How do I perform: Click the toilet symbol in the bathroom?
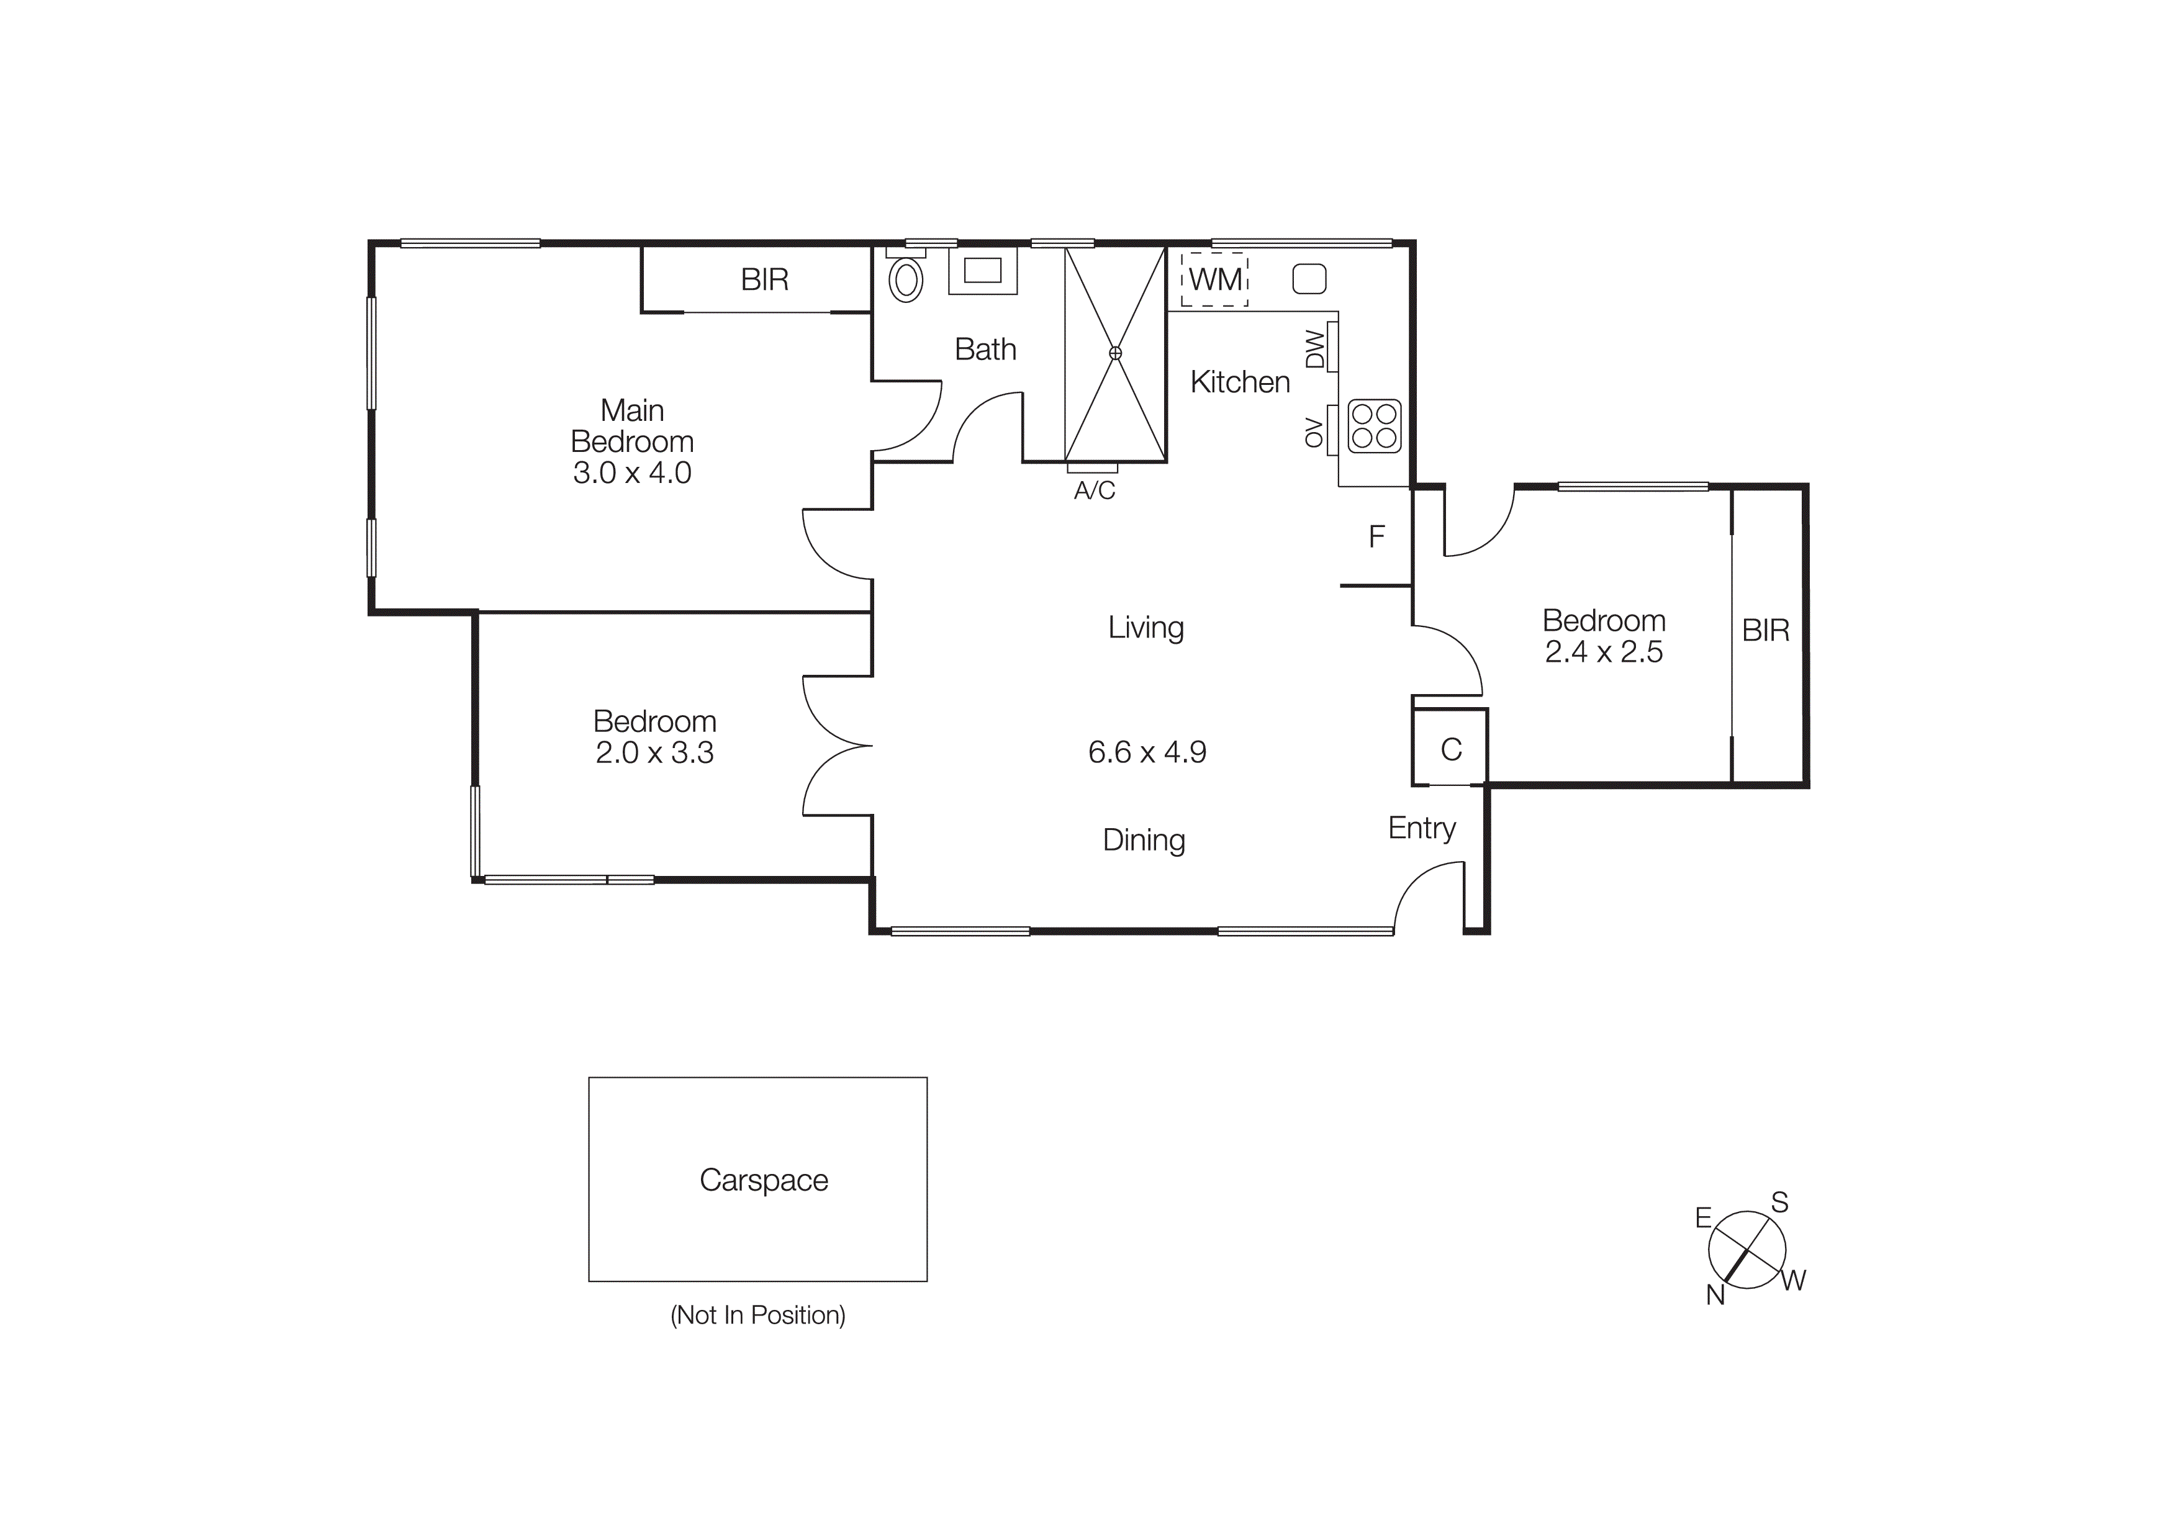tap(906, 280)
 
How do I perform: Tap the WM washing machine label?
tap(1215, 280)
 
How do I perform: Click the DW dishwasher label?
tap(1315, 348)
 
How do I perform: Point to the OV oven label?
tap(1314, 431)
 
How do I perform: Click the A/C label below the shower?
tap(1094, 491)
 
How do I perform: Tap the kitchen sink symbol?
tap(1309, 279)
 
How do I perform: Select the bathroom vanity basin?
tap(983, 270)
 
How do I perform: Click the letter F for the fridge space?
tap(1376, 538)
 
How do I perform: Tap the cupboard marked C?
tap(1450, 750)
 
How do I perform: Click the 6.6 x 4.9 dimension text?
tap(1147, 752)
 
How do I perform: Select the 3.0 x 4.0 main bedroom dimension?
tap(632, 472)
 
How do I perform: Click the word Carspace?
tap(764, 1180)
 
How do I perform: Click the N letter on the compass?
tap(1715, 1295)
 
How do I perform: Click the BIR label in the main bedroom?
tap(764, 280)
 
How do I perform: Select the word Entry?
tap(1421, 828)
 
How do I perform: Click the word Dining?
tap(1144, 840)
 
